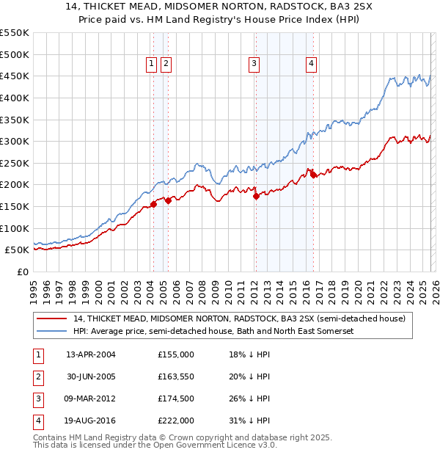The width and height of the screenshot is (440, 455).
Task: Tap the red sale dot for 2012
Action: click(x=256, y=196)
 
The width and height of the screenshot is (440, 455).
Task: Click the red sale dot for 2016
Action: click(x=313, y=175)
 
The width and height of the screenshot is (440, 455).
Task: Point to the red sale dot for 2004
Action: click(x=153, y=204)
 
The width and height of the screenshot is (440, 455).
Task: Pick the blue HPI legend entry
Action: click(x=213, y=332)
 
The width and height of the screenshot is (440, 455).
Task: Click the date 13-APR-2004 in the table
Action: click(x=91, y=354)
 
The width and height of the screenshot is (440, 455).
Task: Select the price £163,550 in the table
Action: click(x=176, y=376)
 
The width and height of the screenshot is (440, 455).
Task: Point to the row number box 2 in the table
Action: click(x=35, y=376)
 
